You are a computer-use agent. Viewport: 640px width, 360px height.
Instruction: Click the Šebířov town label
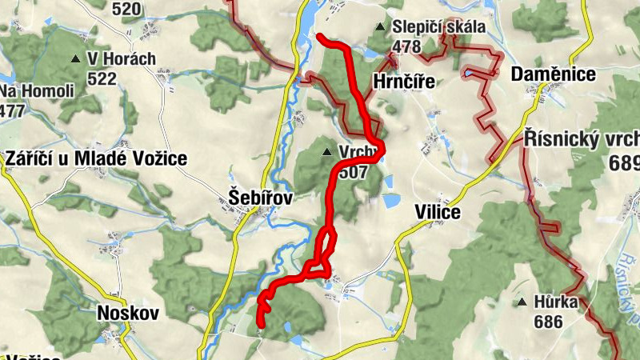click(257, 197)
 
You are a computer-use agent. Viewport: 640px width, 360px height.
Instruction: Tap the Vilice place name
click(438, 212)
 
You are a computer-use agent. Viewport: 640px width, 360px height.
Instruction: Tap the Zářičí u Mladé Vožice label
click(96, 158)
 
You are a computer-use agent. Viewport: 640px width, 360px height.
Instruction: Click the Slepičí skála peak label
click(438, 27)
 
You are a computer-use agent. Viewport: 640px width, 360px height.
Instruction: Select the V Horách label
click(122, 59)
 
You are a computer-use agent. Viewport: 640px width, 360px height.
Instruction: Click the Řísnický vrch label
click(582, 138)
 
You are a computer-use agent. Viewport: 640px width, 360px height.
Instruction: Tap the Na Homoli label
click(37, 90)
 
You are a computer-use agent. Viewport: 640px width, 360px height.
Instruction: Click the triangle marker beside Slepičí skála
click(381, 28)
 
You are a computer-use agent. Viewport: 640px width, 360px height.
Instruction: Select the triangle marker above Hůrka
click(522, 302)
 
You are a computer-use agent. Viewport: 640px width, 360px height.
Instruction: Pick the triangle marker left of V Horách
click(76, 59)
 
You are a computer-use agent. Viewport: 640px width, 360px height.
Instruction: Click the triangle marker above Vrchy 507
click(326, 151)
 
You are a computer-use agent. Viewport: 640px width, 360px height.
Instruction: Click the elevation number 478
click(406, 46)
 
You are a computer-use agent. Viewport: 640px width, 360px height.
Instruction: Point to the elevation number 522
click(103, 78)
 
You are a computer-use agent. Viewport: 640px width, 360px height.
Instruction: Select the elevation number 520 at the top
click(127, 10)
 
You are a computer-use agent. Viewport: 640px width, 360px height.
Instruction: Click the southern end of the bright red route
click(262, 324)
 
